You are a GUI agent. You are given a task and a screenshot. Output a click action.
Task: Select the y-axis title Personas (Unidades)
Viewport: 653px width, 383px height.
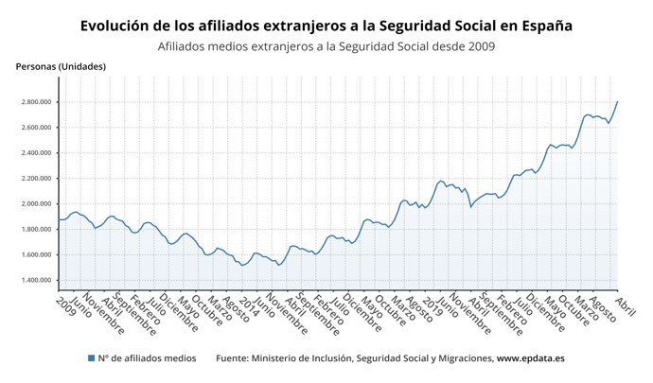[61, 66]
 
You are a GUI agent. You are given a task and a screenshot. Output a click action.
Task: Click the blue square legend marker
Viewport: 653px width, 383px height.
[91, 358]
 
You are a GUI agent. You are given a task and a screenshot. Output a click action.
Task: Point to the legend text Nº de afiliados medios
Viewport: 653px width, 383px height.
[148, 358]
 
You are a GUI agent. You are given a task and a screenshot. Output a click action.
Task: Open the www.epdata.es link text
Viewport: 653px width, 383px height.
[531, 358]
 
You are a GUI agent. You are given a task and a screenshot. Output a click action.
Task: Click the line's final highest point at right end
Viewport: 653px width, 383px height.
[617, 101]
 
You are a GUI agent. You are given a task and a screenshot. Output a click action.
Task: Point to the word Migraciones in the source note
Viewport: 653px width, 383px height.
[458, 358]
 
